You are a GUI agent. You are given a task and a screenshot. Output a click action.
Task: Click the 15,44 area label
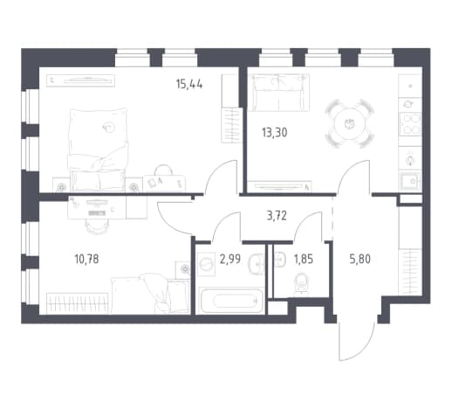(x=189, y=85)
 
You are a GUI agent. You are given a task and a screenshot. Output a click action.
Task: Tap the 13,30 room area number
(x=274, y=133)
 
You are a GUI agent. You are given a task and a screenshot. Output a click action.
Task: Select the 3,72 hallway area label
(x=277, y=216)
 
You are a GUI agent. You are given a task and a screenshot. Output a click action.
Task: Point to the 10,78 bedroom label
(x=86, y=259)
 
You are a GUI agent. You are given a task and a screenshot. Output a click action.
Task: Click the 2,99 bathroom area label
(x=230, y=259)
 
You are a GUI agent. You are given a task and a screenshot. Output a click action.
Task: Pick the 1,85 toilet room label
(x=304, y=259)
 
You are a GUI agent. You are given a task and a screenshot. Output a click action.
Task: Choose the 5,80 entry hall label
(x=360, y=259)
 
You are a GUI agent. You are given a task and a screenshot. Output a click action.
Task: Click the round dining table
(x=349, y=123)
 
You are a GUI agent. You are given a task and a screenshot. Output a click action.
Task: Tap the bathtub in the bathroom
(x=231, y=301)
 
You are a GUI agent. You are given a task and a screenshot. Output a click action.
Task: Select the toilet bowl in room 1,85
(x=302, y=283)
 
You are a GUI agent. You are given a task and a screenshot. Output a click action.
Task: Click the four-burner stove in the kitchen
(x=410, y=124)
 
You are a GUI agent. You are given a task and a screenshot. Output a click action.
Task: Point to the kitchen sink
(x=410, y=181)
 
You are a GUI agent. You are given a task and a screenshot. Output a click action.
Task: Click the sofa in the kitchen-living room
(x=279, y=93)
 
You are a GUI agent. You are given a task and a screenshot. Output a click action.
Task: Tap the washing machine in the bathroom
(x=207, y=264)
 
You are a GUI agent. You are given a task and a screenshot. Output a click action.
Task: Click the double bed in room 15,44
(x=99, y=150)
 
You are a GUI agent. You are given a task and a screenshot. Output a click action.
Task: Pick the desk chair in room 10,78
(x=98, y=225)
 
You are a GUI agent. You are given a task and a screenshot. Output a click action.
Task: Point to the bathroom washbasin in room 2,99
(x=257, y=264)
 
